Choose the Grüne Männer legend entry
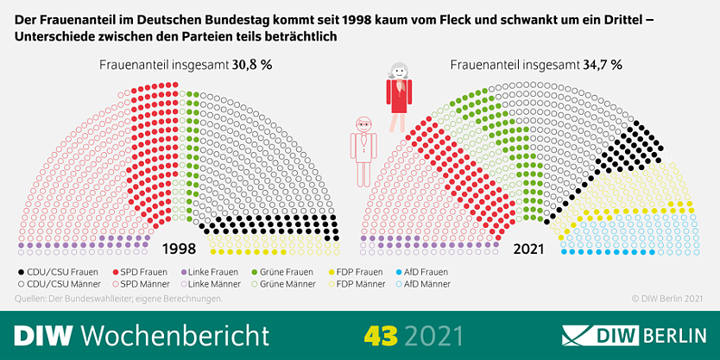click(x=283, y=284)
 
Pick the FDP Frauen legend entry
click(x=356, y=272)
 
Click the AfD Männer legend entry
click(x=421, y=284)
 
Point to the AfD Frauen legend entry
click(x=420, y=272)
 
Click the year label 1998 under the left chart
click(x=179, y=249)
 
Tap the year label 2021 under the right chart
click(x=528, y=249)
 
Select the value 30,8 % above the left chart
click(x=250, y=66)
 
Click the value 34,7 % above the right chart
click(x=603, y=66)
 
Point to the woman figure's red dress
click(x=399, y=96)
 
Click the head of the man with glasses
click(x=363, y=124)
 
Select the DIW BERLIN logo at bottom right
click(x=635, y=336)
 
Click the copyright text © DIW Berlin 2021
click(x=667, y=299)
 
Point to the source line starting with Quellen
click(x=119, y=299)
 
